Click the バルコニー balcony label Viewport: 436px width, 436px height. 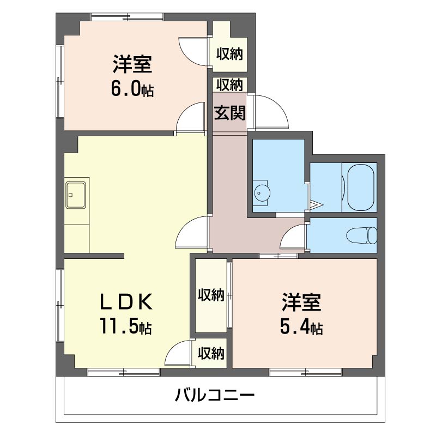[x=214, y=395]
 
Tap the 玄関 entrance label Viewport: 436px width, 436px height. [x=229, y=113]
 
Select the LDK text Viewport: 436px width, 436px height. [x=126, y=302]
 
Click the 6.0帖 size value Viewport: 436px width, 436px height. [x=132, y=89]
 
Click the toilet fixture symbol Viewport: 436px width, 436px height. [x=361, y=235]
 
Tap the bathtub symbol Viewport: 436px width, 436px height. [x=359, y=187]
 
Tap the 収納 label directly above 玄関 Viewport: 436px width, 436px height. [x=229, y=85]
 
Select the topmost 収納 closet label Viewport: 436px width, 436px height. [x=229, y=53]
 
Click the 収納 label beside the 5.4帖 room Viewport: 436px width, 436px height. [x=211, y=295]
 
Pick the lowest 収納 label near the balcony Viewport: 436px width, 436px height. [x=211, y=353]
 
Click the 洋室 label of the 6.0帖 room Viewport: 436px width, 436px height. [x=132, y=64]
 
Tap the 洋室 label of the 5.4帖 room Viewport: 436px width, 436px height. [x=301, y=302]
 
